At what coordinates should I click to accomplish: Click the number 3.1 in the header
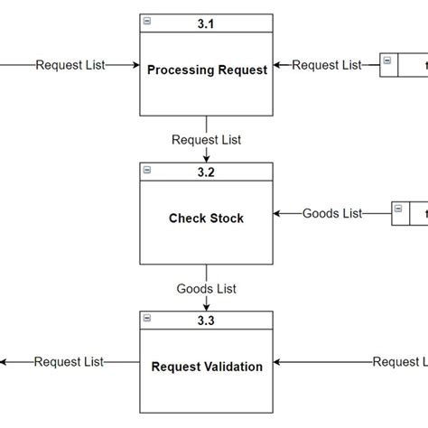(x=207, y=23)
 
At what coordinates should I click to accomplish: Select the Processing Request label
(x=207, y=70)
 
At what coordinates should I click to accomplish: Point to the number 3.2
(x=207, y=171)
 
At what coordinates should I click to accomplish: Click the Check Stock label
(x=207, y=218)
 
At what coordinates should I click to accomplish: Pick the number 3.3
(x=207, y=319)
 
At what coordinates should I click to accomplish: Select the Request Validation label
(x=207, y=367)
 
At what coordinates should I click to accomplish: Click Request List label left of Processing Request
(x=70, y=65)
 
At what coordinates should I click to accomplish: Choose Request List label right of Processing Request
(x=327, y=65)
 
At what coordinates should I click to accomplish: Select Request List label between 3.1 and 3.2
(x=207, y=140)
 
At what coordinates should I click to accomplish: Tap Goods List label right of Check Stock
(x=332, y=213)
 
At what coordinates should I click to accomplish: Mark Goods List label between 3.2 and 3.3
(x=207, y=288)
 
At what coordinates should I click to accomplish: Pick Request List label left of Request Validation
(x=70, y=361)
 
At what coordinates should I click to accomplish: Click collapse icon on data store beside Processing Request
(x=387, y=60)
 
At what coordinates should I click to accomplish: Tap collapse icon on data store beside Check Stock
(x=398, y=209)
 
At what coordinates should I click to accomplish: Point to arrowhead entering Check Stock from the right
(x=278, y=213)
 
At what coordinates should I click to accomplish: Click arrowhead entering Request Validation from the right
(x=278, y=361)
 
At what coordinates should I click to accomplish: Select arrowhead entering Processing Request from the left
(x=135, y=65)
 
